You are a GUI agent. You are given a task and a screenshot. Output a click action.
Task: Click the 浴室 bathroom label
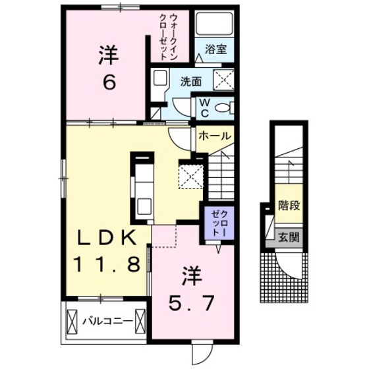(x=215, y=49)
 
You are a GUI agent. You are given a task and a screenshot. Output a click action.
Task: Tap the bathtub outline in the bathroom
(x=214, y=23)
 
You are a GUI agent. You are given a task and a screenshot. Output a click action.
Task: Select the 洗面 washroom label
(x=191, y=82)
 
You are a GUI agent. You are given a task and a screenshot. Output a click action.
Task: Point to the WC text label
(x=205, y=108)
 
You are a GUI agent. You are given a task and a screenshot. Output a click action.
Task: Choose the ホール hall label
(x=214, y=136)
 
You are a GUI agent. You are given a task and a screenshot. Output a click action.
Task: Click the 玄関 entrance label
(x=289, y=237)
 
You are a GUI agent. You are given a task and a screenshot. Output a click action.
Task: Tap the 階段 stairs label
(x=289, y=206)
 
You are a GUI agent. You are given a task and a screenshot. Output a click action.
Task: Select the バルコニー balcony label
(x=107, y=322)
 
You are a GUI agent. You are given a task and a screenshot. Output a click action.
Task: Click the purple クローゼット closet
(x=219, y=223)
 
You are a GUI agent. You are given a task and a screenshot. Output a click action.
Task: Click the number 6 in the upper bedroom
(x=109, y=82)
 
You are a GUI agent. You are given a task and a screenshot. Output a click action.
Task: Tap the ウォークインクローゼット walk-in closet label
(x=168, y=37)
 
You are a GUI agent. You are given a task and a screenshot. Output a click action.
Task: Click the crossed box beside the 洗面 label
(x=224, y=80)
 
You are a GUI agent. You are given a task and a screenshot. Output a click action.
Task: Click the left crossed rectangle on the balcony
(x=72, y=322)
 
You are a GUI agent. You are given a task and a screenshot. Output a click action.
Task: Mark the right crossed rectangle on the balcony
(x=140, y=322)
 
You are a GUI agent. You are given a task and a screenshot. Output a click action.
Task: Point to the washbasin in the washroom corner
(x=159, y=78)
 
